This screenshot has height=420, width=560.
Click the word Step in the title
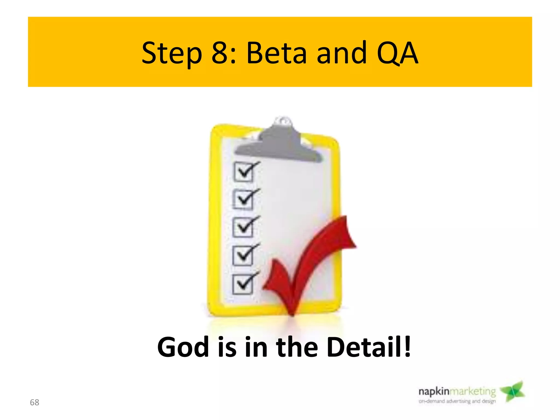tap(172, 53)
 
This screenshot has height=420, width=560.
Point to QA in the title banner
tap(397, 53)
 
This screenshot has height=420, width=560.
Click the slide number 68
tap(34, 402)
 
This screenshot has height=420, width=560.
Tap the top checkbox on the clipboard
tap(243, 172)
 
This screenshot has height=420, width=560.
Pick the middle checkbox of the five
tap(243, 227)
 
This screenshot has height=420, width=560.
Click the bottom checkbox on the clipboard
tap(242, 284)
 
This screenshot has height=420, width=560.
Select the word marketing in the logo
tap(472, 392)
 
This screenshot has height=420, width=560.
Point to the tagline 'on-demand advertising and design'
tap(457, 401)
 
